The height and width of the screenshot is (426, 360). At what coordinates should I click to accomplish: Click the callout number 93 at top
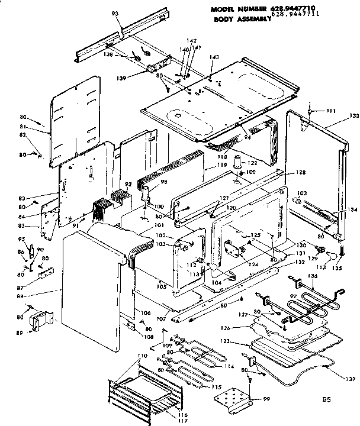point(115,13)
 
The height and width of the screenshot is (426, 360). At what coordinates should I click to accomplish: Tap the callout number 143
point(214,57)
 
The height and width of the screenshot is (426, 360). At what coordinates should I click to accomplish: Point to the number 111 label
point(330,111)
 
